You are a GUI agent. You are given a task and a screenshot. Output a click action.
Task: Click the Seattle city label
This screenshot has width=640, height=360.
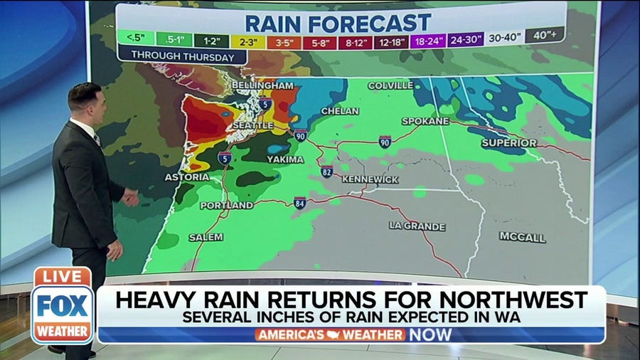pos(252,125)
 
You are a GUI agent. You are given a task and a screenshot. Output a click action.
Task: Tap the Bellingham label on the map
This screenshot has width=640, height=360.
pos(262,85)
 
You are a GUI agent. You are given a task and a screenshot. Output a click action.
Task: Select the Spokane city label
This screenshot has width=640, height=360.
pos(425,121)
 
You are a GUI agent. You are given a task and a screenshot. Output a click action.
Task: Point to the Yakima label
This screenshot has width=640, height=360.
pos(285,159)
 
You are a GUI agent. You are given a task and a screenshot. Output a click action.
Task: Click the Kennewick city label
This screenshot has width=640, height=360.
pos(370,179)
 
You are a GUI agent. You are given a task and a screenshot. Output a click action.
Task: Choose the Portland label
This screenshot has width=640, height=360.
pos(226,205)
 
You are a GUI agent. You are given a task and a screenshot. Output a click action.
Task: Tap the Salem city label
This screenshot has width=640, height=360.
pos(206,237)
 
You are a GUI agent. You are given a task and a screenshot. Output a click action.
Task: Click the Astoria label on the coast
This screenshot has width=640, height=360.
pos(187,176)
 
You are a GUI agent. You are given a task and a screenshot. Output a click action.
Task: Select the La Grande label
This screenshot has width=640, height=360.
pos(417,226)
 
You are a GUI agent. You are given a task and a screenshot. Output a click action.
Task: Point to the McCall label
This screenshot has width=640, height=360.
pos(522,237)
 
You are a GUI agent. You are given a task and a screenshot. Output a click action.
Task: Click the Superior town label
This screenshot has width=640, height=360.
pos(508,143)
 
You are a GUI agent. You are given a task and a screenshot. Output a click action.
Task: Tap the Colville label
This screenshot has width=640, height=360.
pos(390,85)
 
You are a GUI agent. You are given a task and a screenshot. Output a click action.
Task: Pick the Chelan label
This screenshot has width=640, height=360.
pos(335,112)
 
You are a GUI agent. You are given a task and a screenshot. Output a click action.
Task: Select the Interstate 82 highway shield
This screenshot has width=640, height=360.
pos(326,171)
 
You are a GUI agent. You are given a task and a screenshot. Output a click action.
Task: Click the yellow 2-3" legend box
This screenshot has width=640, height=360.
pos(248,42)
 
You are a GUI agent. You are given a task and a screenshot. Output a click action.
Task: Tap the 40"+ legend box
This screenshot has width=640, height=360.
pos(545,36)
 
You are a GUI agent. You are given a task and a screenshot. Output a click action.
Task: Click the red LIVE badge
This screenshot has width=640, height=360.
pos(63,276)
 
